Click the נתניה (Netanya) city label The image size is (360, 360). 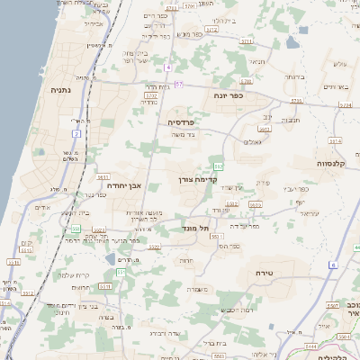(61, 90)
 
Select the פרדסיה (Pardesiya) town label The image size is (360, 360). (183, 121)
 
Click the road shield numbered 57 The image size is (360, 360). (179, 84)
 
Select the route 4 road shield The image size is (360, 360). (168, 67)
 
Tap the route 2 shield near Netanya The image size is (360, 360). (77, 133)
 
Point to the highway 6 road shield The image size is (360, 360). (332, 265)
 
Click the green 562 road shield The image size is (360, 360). (219, 167)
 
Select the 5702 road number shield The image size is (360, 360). (151, 94)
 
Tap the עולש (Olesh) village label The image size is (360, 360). (339, 63)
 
